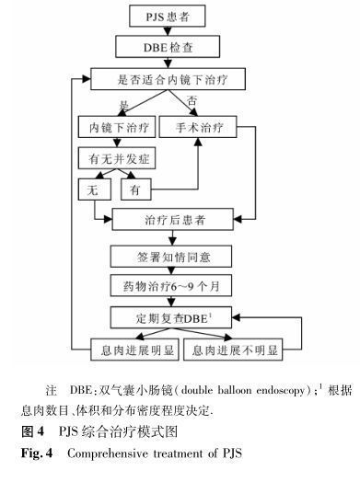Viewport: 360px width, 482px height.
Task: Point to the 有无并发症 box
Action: coord(116,157)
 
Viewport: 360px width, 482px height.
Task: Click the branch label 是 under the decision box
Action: coord(123,104)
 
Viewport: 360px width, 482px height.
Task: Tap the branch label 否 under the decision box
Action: coord(192,99)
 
